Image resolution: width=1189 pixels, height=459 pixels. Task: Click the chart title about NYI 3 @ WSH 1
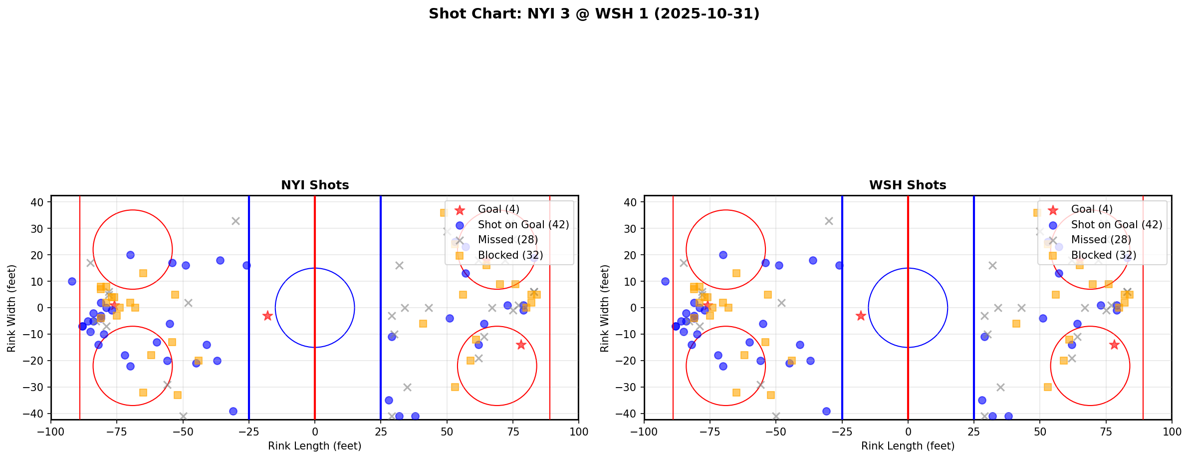[x=594, y=14]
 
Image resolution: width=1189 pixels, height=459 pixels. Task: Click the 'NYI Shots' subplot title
[x=315, y=185]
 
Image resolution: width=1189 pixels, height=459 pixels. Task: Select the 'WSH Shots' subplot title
[x=908, y=185]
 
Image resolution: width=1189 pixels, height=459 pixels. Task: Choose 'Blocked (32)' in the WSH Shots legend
[x=1103, y=255]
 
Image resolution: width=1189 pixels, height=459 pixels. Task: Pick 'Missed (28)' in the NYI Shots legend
[x=507, y=240]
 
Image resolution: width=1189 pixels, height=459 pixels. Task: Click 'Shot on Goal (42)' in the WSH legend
[x=1117, y=225]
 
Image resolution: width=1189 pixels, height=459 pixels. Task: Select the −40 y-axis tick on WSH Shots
[x=629, y=414]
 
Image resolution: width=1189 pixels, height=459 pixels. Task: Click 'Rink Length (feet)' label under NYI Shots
[x=315, y=446]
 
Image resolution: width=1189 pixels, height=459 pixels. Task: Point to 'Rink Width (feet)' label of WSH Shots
[x=605, y=308]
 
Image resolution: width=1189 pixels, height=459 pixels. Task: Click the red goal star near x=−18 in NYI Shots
[x=267, y=316]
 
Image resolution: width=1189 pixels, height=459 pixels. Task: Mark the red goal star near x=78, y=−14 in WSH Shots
[x=1114, y=345]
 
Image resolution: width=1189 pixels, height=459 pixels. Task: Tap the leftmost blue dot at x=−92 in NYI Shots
[x=72, y=281]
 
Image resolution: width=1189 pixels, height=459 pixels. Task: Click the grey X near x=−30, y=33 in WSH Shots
[x=829, y=221]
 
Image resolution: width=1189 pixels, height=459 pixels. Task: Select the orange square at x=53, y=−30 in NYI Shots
[x=455, y=387]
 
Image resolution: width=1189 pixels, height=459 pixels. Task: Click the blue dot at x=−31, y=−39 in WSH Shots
[x=826, y=411]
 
